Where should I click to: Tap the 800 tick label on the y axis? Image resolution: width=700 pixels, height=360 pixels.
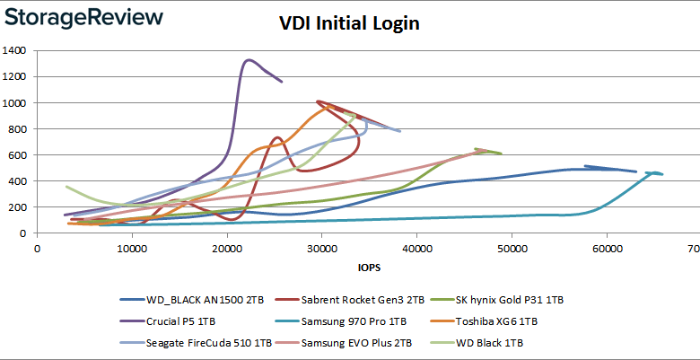click(20, 129)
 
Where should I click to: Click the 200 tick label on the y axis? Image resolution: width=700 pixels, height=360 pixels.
click(20, 207)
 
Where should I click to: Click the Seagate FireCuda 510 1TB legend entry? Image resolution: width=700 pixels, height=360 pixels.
click(196, 342)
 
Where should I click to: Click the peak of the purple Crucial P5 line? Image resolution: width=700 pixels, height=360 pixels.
click(248, 60)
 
